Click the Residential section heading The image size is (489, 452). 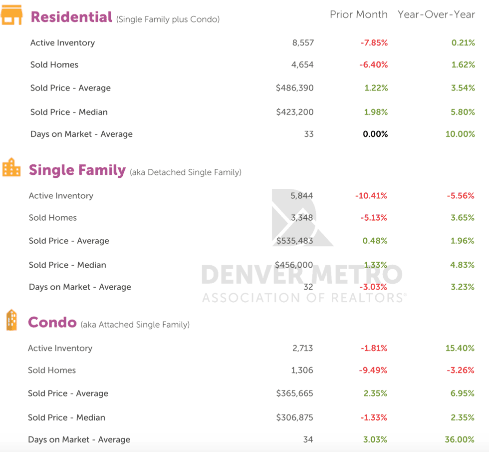click(x=71, y=17)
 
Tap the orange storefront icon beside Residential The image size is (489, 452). click(x=11, y=15)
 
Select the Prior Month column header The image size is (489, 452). click(x=358, y=14)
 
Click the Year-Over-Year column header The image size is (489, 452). click(x=436, y=14)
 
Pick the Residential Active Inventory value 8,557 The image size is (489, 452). click(x=303, y=43)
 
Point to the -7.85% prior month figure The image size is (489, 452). click(x=374, y=43)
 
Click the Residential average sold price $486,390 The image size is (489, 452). click(x=294, y=88)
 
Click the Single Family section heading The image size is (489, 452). click(x=77, y=170)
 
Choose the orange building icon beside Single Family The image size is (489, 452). click(x=11, y=168)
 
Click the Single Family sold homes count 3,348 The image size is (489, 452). click(x=302, y=218)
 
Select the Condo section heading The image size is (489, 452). click(x=52, y=323)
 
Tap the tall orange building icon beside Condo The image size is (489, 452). click(x=11, y=320)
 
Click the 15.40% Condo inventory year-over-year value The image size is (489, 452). click(x=460, y=348)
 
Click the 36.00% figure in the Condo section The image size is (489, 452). click(x=460, y=440)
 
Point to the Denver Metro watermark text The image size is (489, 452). click(x=301, y=275)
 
